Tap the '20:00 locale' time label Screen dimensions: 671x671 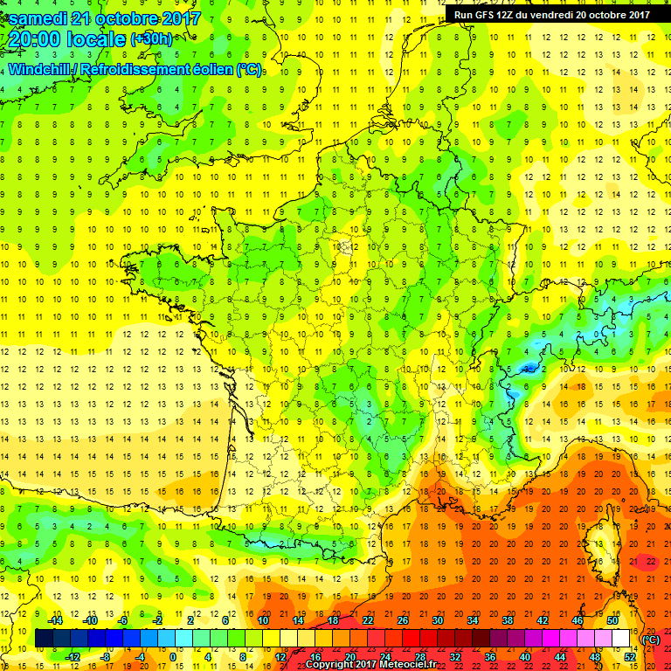coord(68,38)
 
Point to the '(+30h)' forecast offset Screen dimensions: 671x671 coord(152,39)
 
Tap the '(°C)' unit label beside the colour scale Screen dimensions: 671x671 coord(651,640)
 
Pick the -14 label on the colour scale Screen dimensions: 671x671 coord(55,620)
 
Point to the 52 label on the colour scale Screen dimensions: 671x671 coord(630,657)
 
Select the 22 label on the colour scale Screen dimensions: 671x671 coord(367,620)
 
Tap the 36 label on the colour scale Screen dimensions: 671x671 coord(489,657)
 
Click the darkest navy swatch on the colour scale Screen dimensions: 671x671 coord(44,639)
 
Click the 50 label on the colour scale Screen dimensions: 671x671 coord(612,620)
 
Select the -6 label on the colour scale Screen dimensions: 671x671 coord(124,620)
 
